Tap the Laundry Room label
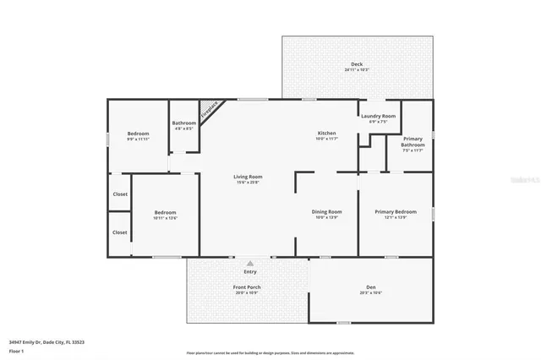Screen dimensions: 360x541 (377, 116)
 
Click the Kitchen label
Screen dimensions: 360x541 (326, 134)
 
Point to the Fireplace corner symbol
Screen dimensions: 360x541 (209, 110)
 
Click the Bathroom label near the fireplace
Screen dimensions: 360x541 (184, 123)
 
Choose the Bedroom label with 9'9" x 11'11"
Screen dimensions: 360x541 (138, 134)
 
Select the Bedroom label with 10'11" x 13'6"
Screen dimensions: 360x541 (165, 212)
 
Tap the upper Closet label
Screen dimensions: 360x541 (120, 194)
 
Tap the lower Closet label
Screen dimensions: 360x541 (120, 232)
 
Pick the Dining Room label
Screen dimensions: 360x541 (326, 211)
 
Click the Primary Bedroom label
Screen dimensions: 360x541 (396, 211)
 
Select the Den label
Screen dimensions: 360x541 (370, 287)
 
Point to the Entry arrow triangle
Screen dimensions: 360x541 (250, 263)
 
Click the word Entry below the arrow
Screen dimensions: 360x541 (250, 271)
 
